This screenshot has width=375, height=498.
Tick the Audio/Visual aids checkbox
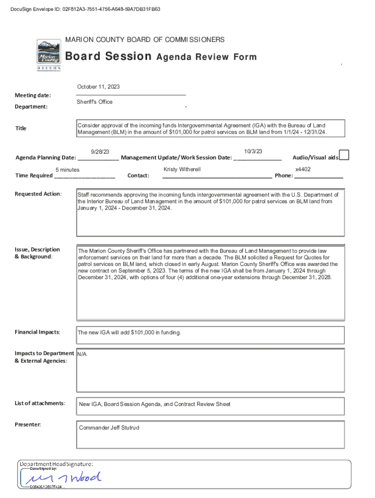coord(344,155)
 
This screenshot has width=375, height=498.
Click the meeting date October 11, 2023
coord(98,87)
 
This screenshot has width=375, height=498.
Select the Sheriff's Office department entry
coord(94,102)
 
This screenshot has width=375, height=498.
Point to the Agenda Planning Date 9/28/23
coord(100,152)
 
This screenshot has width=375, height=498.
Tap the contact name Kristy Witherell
coord(182,169)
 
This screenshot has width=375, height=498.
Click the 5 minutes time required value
coord(68,170)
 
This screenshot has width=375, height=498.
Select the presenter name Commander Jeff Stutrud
coord(109,427)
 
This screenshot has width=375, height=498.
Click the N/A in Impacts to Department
coord(82,354)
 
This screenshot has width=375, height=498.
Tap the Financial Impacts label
coord(37,332)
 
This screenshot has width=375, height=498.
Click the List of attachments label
coord(39,403)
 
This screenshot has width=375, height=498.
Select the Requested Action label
coord(38,194)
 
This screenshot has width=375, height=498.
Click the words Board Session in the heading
coord(109,56)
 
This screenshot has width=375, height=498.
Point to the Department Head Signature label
coord(56,464)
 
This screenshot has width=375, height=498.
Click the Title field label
coord(21,128)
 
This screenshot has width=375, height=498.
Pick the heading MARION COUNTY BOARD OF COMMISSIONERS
coord(145,39)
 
